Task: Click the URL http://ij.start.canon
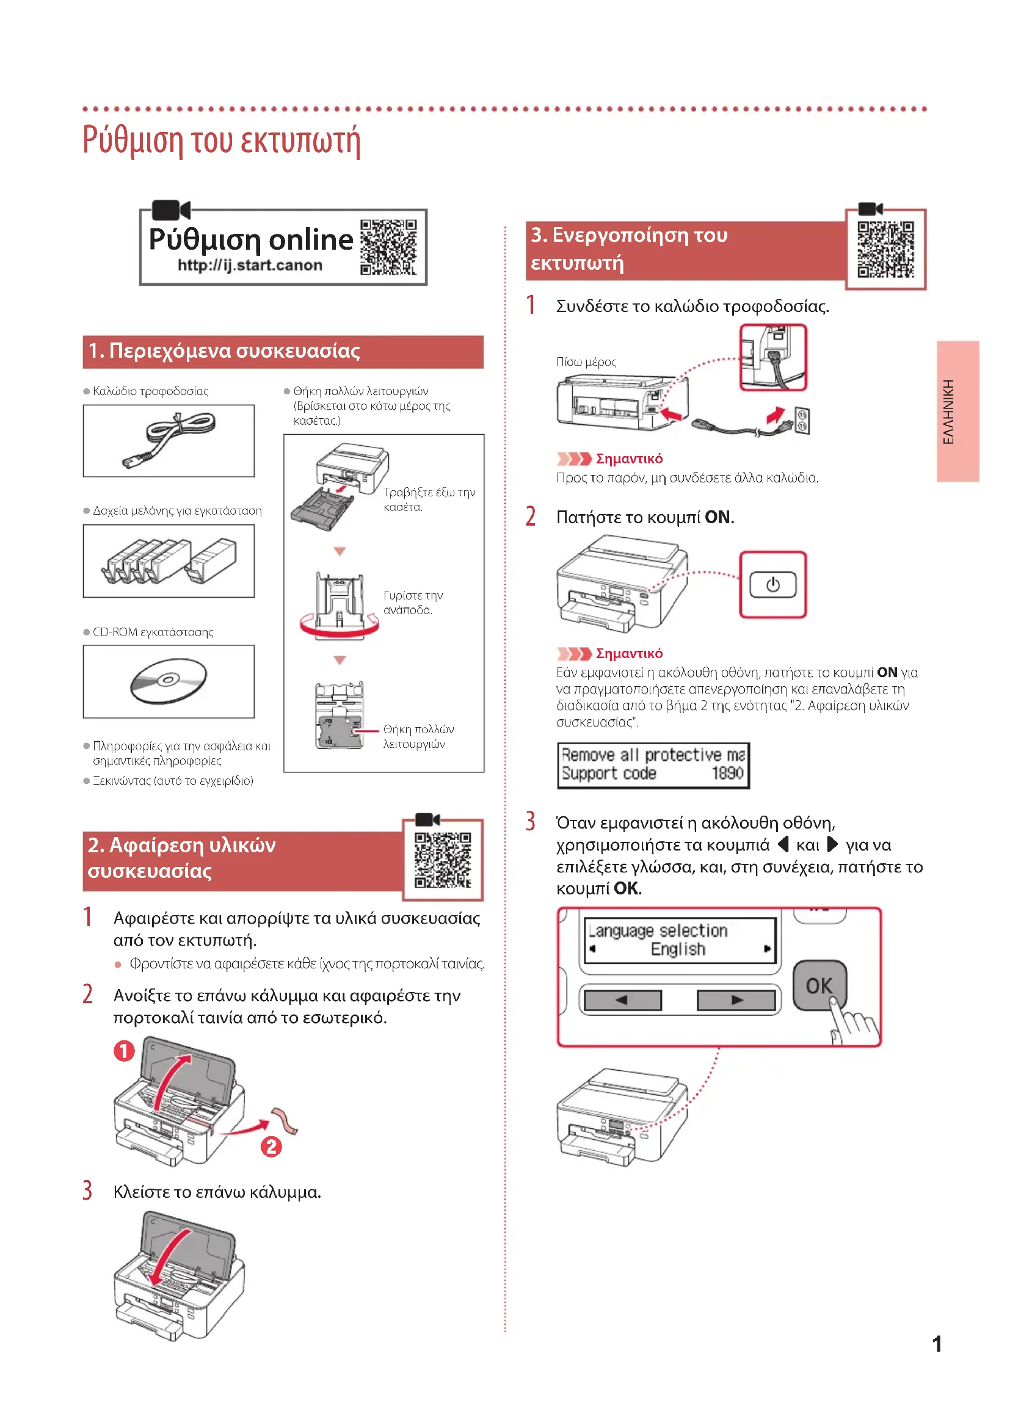[250, 266]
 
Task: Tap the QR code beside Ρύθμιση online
[388, 247]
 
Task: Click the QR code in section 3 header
[885, 250]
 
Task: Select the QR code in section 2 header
[443, 860]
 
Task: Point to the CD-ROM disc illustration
[169, 681]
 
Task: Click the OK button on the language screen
[819, 986]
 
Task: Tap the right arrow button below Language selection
[737, 1000]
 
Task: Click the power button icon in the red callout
[772, 585]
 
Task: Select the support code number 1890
[727, 773]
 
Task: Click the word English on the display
[678, 949]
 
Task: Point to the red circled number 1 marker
[125, 1051]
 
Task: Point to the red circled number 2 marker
[271, 1147]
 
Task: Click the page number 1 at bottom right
[937, 1344]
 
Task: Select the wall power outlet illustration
[802, 421]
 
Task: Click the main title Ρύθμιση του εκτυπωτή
[222, 140]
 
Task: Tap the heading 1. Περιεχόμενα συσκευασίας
[224, 351]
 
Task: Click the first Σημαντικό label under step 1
[629, 459]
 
